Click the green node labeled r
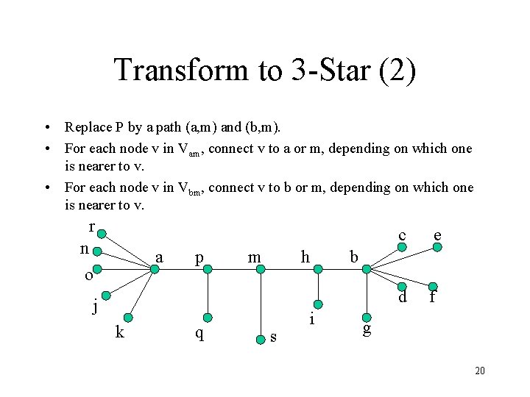102,234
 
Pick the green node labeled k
129,318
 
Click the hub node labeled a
155,270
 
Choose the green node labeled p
208,270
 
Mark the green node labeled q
208,318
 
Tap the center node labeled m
260,270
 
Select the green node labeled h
318,270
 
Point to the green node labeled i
318,303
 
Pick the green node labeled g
364,318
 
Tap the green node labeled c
402,248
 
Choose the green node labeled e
437,248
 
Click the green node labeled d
402,287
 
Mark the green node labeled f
434,287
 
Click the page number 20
480,371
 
